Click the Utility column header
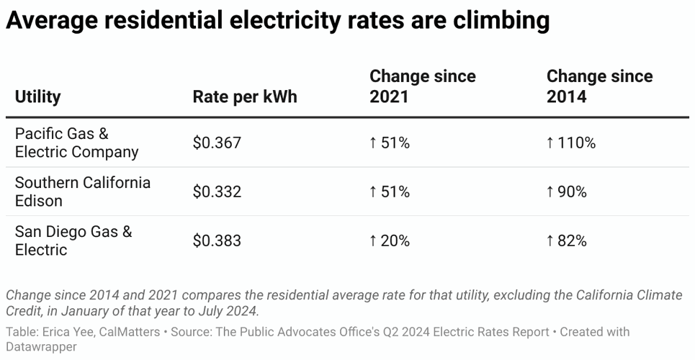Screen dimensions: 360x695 click(x=37, y=96)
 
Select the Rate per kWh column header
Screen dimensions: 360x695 click(x=244, y=96)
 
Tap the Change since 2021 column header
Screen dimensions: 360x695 click(x=422, y=86)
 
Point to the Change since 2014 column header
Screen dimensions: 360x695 click(x=599, y=86)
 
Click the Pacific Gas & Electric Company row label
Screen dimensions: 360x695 click(x=76, y=143)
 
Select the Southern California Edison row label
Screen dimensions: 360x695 click(x=82, y=192)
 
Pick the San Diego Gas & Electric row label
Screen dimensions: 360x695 click(x=73, y=240)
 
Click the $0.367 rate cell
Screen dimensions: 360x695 click(x=217, y=143)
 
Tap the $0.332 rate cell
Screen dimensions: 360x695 click(x=217, y=192)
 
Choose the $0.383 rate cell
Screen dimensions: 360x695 click(x=217, y=241)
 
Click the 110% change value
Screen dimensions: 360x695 click(x=575, y=143)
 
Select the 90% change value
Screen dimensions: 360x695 click(x=571, y=192)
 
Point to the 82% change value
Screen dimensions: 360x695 click(x=571, y=241)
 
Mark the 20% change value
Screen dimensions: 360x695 click(x=394, y=241)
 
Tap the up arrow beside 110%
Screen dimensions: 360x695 click(x=550, y=143)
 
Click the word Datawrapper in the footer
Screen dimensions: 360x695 click(x=40, y=346)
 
